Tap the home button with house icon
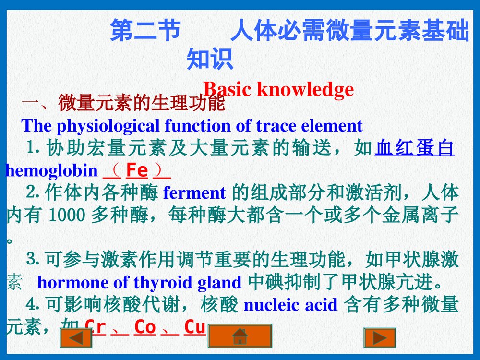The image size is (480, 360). pyautogui.click(x=240, y=336)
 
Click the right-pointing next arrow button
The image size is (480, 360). pyautogui.click(x=380, y=337)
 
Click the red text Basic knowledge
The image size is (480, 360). pyautogui.click(x=278, y=89)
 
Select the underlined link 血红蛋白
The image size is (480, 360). pyautogui.click(x=414, y=148)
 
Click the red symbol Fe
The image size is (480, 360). pyautogui.click(x=137, y=170)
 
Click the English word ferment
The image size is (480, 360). pyautogui.click(x=194, y=193)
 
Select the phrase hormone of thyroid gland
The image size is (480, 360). pyautogui.click(x=139, y=282)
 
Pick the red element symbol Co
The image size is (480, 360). pyautogui.click(x=145, y=327)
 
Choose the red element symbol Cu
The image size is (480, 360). pyautogui.click(x=195, y=327)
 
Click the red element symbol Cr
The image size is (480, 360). pyautogui.click(x=95, y=327)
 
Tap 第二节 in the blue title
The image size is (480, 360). pyautogui.click(x=145, y=31)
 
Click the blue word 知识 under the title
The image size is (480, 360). pyautogui.click(x=210, y=59)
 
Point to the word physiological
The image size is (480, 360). pyautogui.click(x=109, y=126)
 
